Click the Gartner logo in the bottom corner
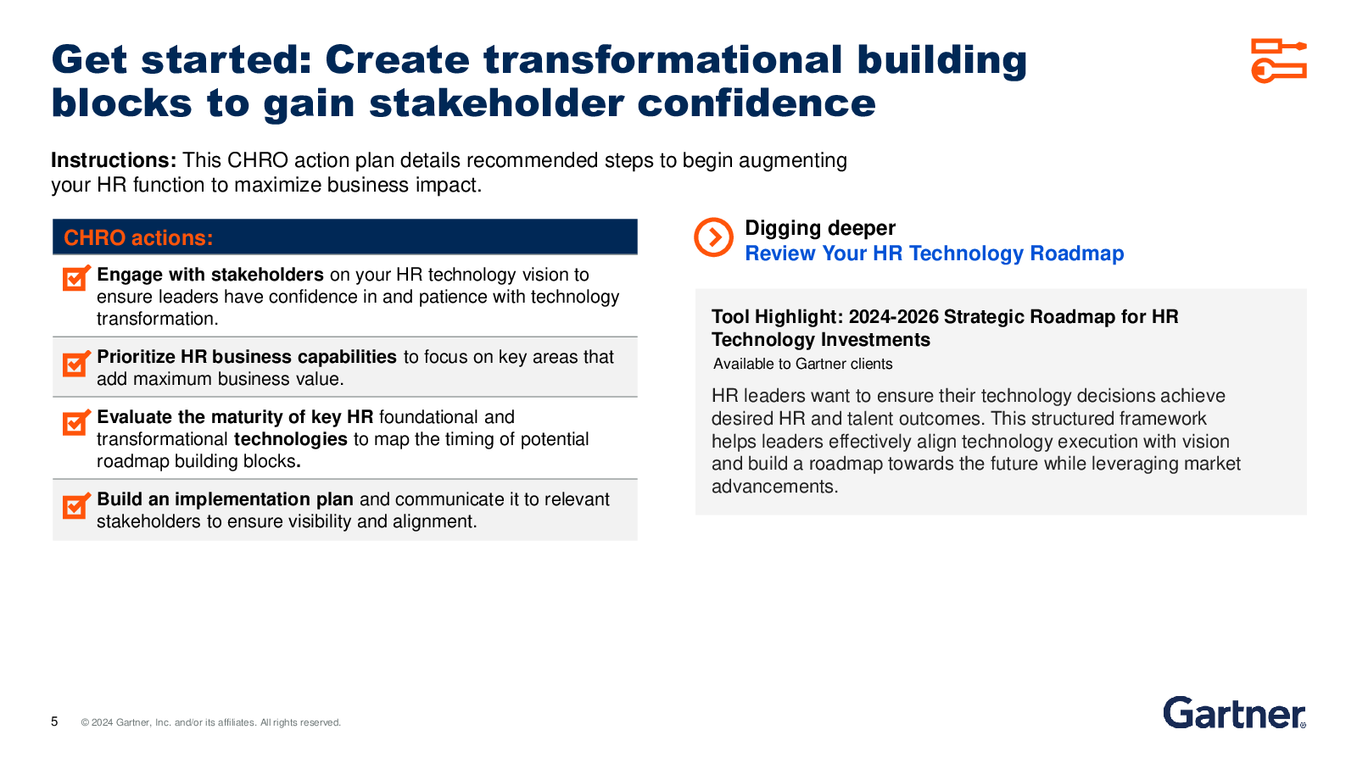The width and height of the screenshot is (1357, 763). point(1234,713)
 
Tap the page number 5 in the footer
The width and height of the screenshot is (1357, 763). point(54,721)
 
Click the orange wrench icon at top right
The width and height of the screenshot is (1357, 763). point(1279,60)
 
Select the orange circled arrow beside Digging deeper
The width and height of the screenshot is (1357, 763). point(713,237)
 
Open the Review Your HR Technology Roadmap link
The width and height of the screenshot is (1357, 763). point(934,253)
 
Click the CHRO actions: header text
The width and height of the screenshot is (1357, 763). point(138,238)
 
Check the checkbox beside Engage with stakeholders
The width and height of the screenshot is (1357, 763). point(76,278)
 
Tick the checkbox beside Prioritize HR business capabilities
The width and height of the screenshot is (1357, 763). point(76,364)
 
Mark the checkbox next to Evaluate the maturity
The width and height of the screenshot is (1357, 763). point(76,423)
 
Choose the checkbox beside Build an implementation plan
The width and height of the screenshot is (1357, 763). point(76,506)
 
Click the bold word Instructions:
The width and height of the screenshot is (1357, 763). point(114,160)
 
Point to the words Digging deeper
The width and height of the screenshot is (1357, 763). point(819,228)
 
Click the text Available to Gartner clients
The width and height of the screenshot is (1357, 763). point(802,364)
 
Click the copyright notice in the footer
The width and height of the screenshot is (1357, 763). point(211,722)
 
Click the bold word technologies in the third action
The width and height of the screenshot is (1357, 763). point(291,439)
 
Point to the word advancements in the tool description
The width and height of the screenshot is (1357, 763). point(775,487)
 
